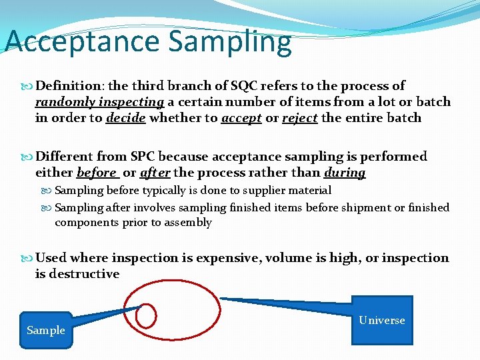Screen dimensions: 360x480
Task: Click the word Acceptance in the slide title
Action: (82, 41)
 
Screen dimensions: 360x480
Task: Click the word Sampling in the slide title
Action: (230, 41)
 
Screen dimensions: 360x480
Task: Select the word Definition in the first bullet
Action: (63, 86)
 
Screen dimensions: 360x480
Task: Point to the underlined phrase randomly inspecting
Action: (99, 102)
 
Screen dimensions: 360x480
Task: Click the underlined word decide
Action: (127, 118)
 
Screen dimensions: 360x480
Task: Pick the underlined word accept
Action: (241, 118)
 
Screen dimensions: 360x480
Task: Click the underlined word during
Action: (345, 173)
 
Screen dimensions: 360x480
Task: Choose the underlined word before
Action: (97, 173)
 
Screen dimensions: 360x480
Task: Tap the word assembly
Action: (187, 223)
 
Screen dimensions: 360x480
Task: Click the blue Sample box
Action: (46, 330)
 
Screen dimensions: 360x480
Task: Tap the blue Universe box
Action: (382, 321)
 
